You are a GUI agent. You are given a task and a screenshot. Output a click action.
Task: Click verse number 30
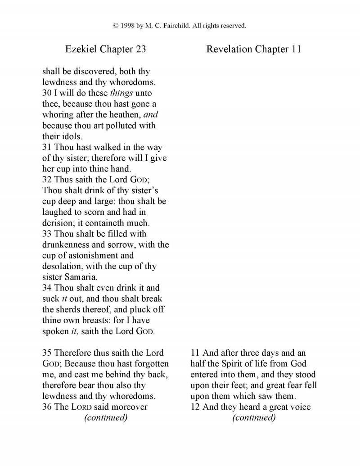tap(47, 93)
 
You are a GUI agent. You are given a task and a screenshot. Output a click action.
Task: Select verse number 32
tap(47, 179)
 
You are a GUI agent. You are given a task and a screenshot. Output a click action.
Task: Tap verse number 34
tap(47, 288)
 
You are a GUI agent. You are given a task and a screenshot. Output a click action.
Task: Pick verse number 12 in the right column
tap(196, 407)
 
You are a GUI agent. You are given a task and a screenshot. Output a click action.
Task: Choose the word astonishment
tap(93, 255)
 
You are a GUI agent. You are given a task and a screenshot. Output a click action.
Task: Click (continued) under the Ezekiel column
tap(106, 418)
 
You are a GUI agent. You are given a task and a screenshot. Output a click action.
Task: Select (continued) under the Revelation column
tap(254, 418)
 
